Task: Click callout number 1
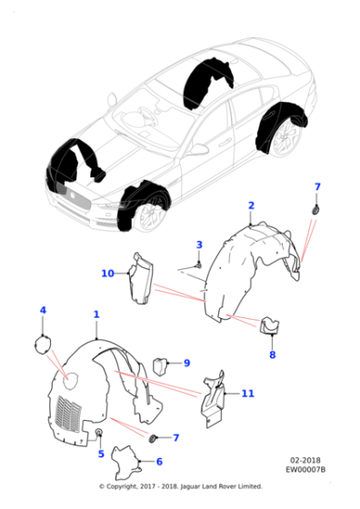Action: coord(95,314)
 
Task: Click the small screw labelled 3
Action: coord(198,263)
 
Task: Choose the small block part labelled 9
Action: coord(161,365)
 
